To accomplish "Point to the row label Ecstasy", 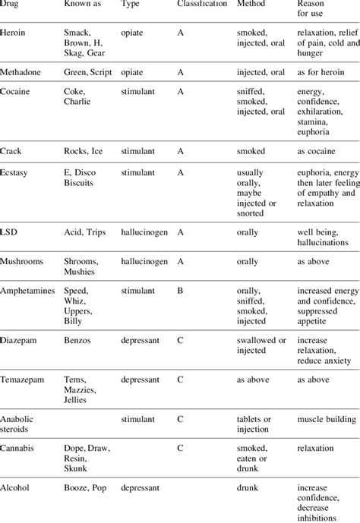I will tap(15, 172).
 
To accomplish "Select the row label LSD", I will tap(9, 232).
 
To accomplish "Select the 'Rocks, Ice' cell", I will tap(84, 151).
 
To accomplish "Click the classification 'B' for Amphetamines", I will tap(180, 291).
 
